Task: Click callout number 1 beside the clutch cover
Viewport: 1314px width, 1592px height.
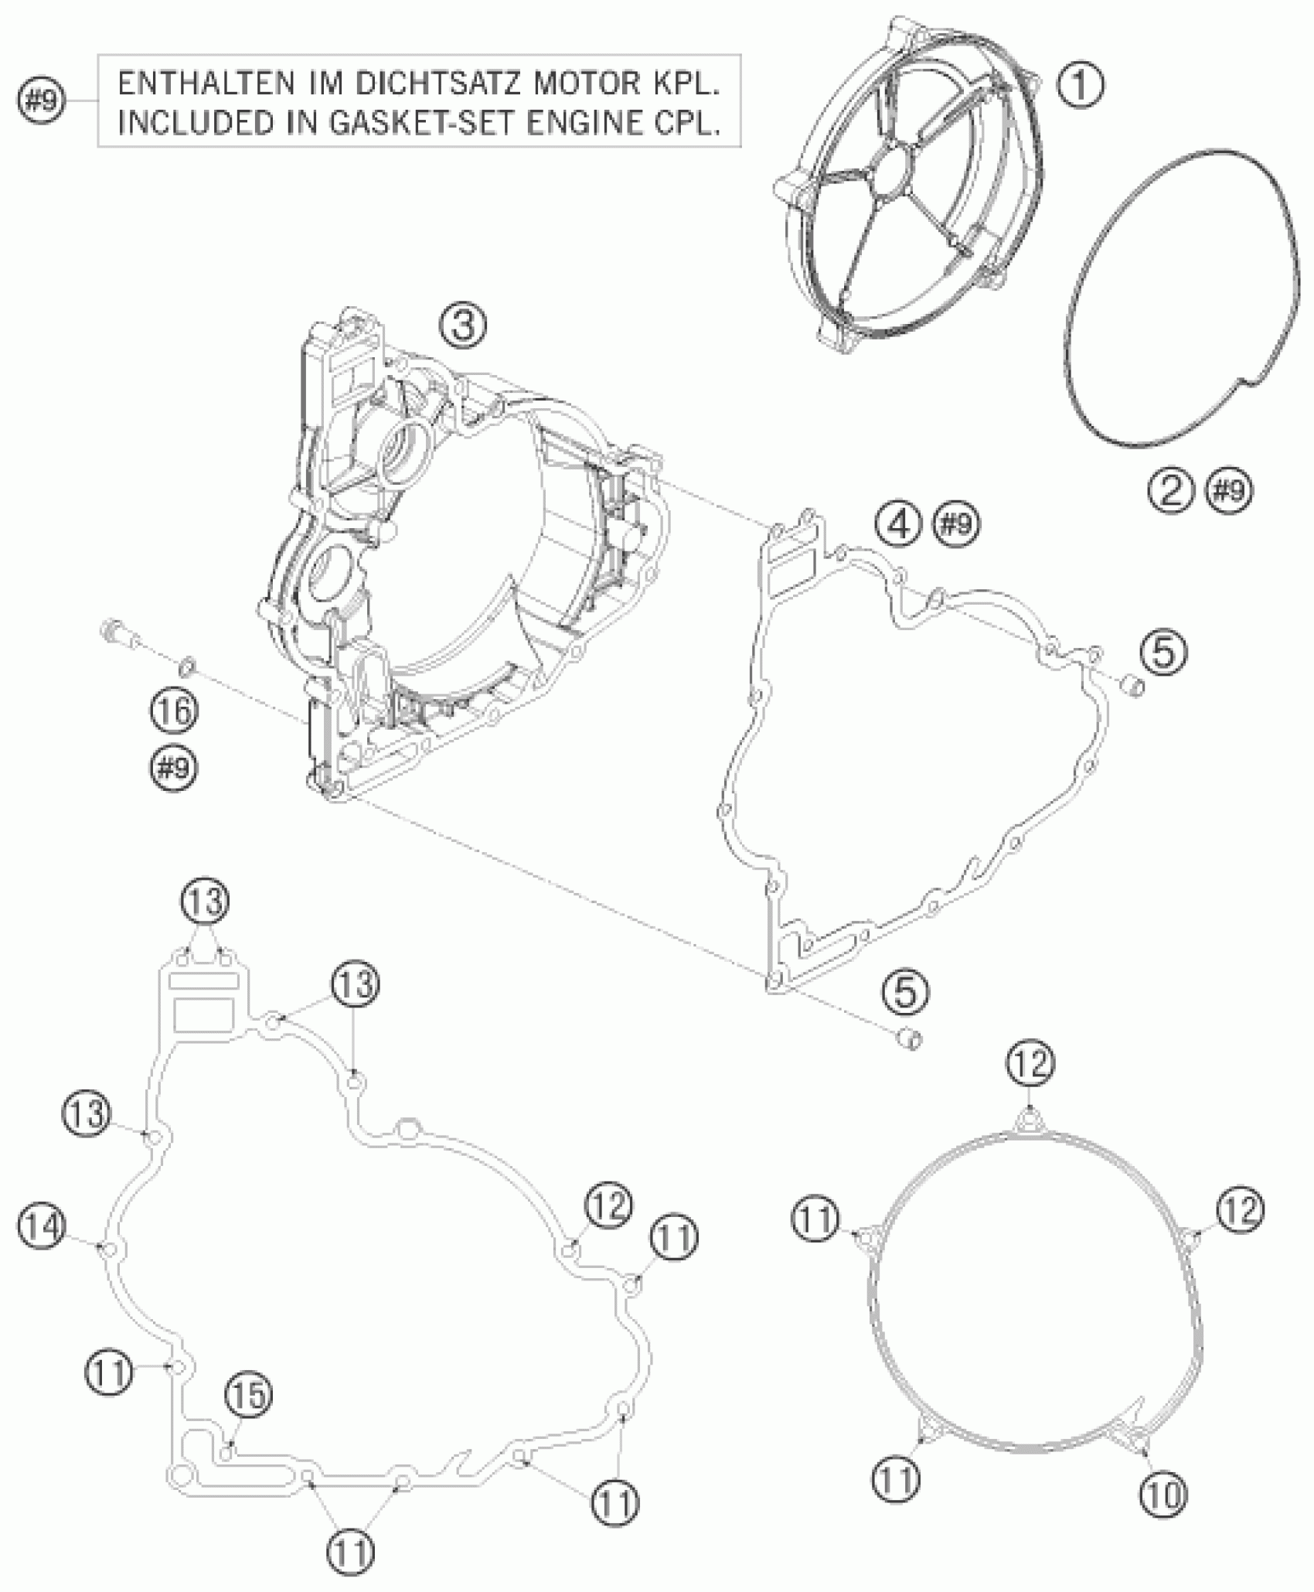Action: (1080, 84)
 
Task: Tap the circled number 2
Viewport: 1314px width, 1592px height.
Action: (1170, 490)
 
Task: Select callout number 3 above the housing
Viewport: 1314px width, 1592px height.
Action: (464, 325)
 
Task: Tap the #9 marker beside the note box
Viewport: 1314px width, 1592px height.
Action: (42, 101)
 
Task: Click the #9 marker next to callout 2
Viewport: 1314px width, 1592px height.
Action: (1229, 490)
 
